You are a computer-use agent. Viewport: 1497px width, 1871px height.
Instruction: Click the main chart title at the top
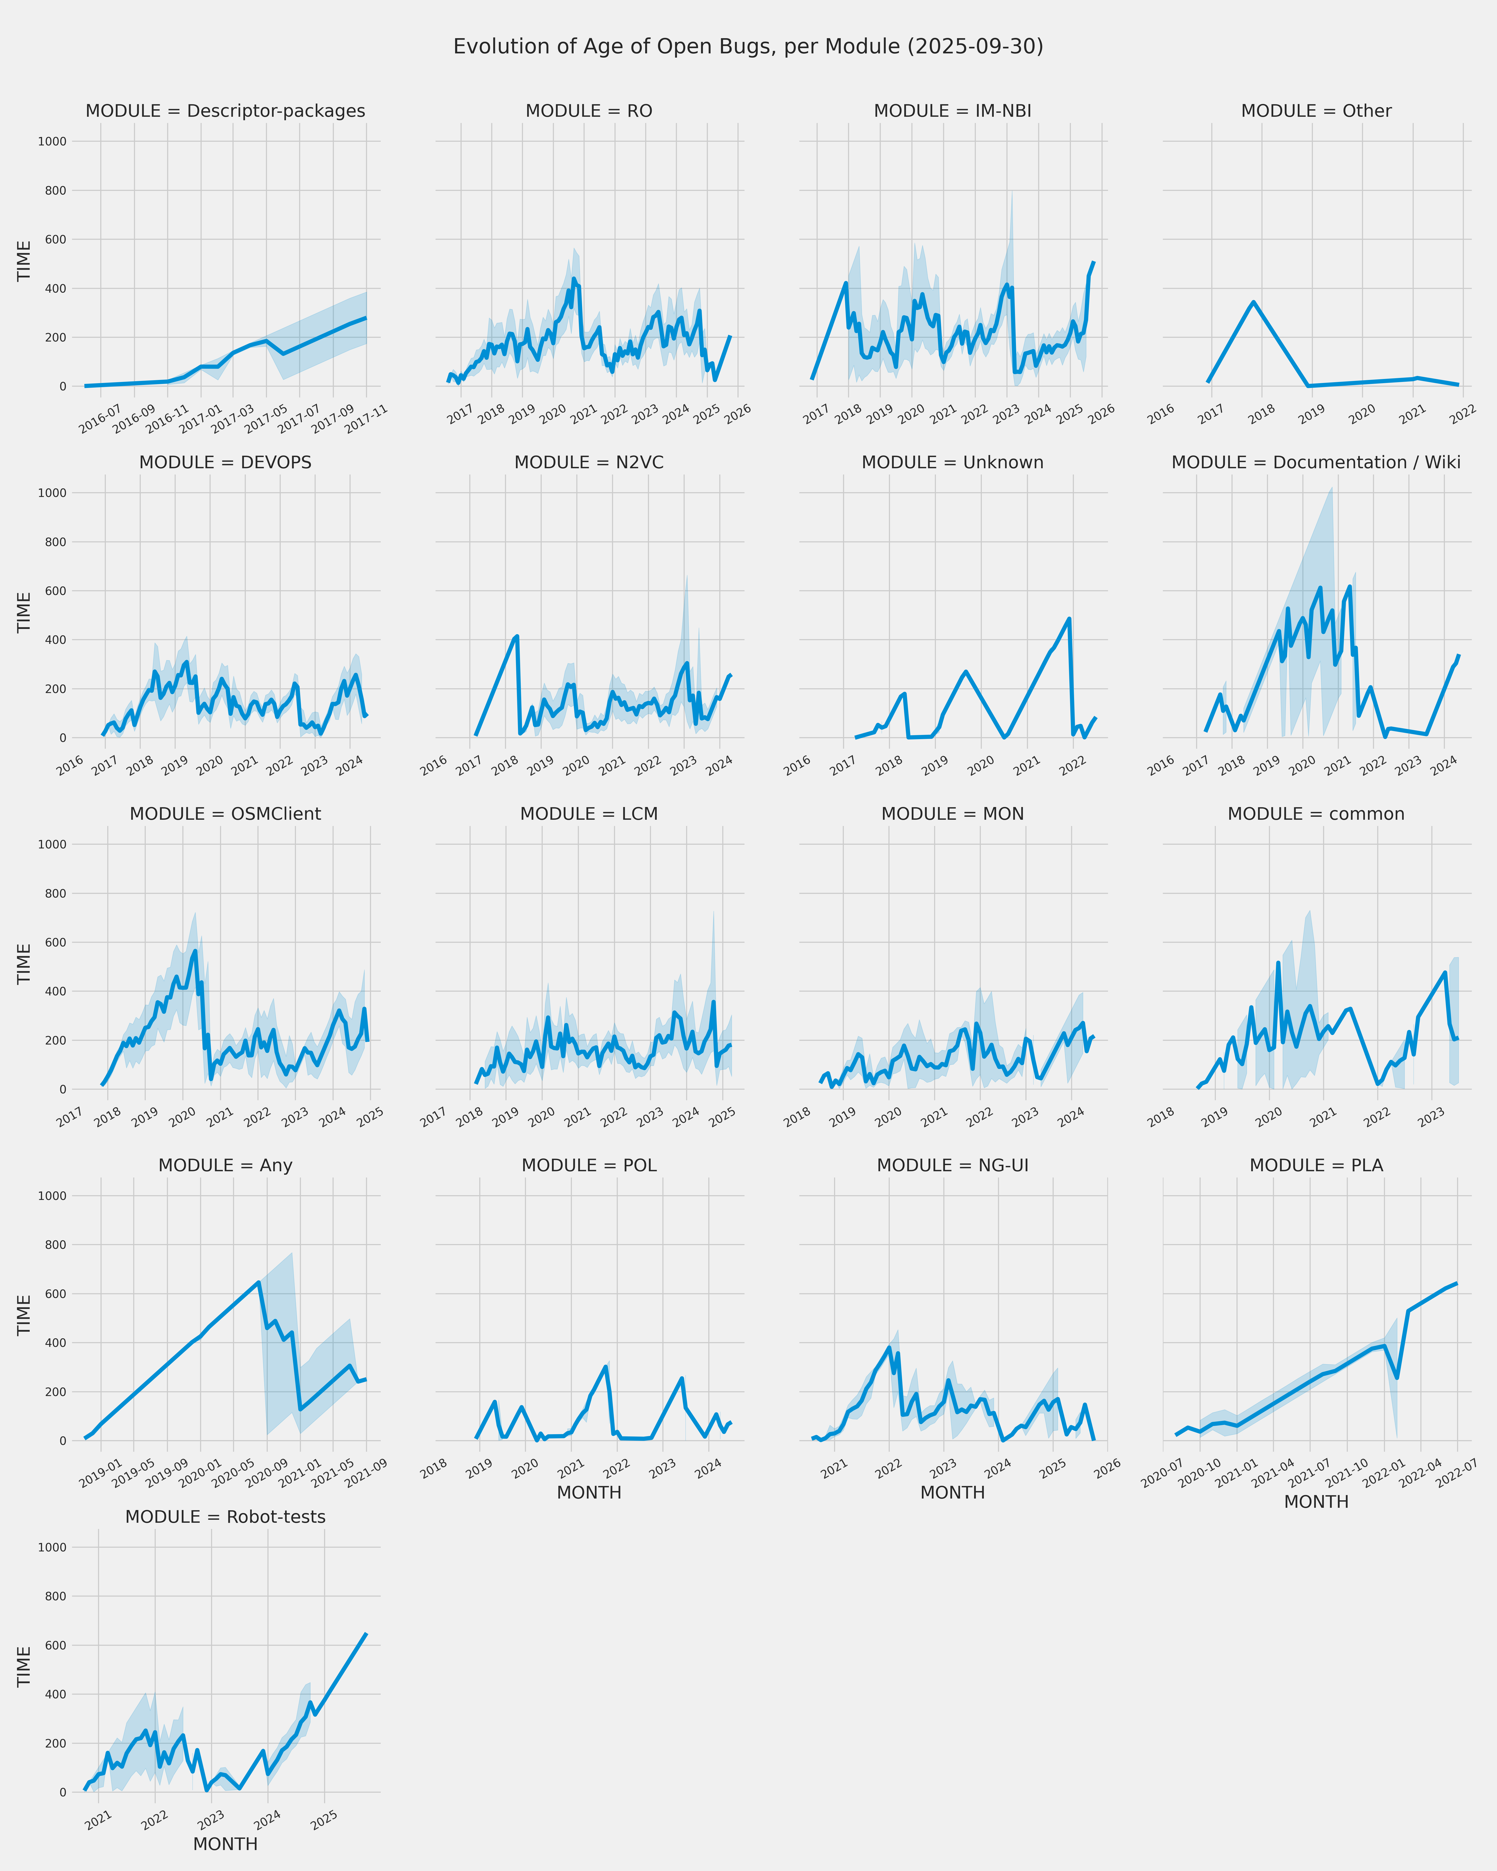pos(748,47)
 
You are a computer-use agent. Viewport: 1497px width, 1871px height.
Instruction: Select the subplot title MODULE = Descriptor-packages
pos(225,111)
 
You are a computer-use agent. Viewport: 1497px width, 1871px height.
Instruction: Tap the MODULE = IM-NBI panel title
pos(952,111)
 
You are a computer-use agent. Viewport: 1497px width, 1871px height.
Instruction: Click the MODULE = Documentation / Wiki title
pos(1316,463)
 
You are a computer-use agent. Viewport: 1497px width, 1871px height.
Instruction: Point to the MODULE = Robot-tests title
pos(225,1517)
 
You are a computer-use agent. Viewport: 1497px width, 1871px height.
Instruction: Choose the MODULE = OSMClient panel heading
pos(225,814)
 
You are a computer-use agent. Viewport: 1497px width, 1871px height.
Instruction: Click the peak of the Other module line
pos(1253,302)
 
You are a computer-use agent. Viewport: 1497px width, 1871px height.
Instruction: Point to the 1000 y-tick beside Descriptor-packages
pos(52,141)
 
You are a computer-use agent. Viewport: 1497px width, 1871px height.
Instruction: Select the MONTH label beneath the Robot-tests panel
pos(225,1844)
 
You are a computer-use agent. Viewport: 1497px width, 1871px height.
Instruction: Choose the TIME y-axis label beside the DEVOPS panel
pos(24,613)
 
